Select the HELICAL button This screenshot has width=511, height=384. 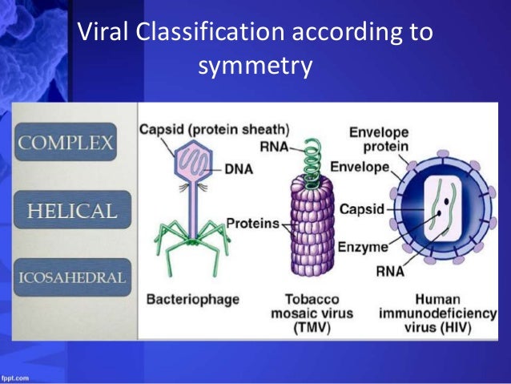point(72,212)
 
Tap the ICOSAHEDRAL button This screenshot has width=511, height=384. point(72,278)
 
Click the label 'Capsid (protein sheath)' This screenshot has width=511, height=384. point(214,128)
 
